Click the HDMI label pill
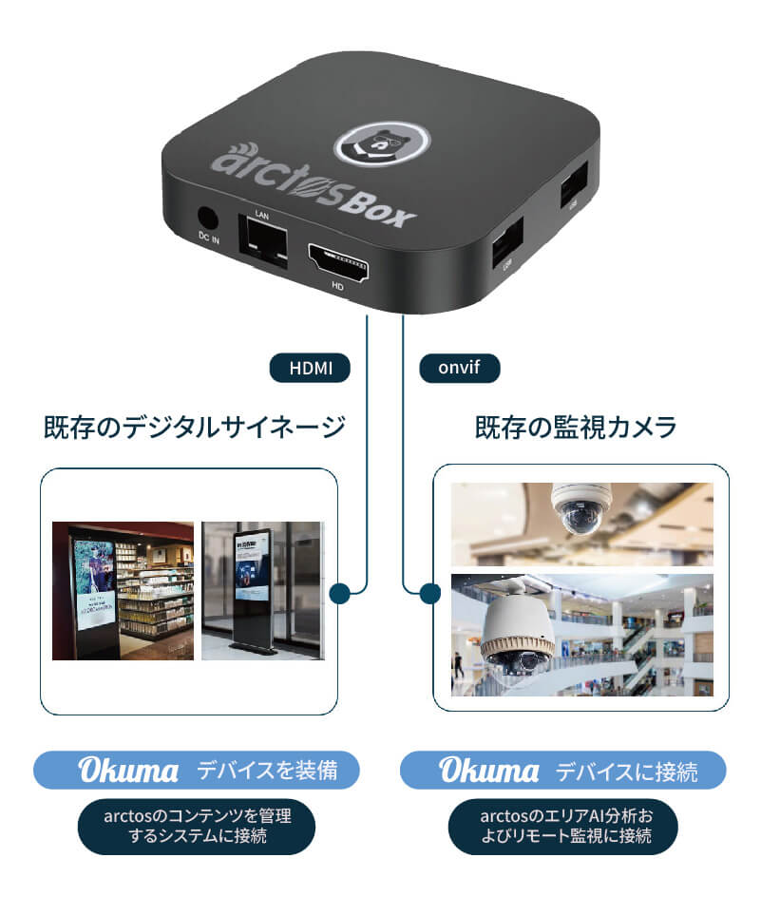(x=311, y=367)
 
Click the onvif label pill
(x=459, y=367)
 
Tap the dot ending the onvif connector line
(x=429, y=594)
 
